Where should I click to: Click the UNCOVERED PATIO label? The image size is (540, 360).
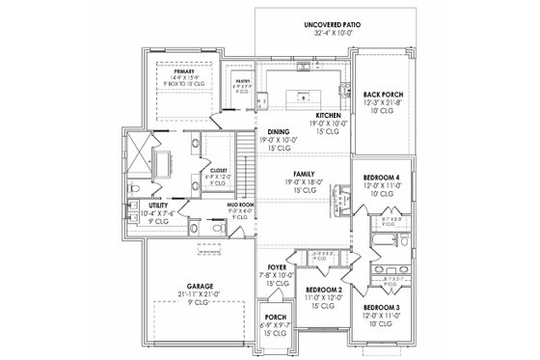tap(304, 22)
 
